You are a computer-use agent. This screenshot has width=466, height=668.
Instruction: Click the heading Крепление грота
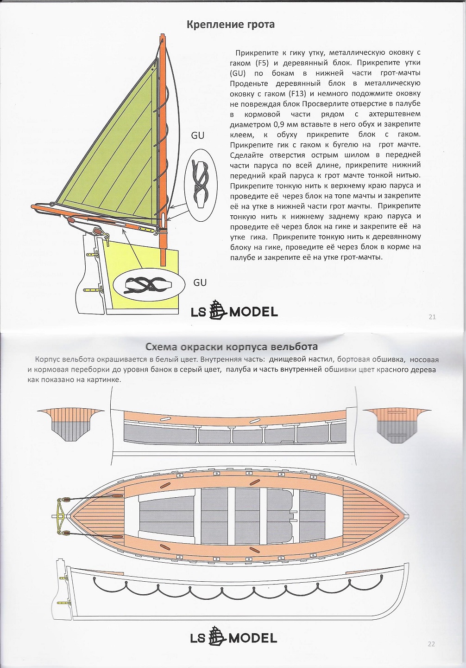[x=230, y=24]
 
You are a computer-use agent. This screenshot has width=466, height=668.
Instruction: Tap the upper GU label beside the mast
[x=198, y=135]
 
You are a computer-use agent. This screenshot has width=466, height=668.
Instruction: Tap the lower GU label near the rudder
[x=200, y=283]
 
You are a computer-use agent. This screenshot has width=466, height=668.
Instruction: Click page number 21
[x=432, y=317]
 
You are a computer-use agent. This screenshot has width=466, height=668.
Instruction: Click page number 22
[x=431, y=643]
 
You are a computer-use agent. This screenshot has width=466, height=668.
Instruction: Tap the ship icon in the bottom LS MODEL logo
[x=218, y=637]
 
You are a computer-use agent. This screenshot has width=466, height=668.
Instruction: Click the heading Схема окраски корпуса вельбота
[x=232, y=347]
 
